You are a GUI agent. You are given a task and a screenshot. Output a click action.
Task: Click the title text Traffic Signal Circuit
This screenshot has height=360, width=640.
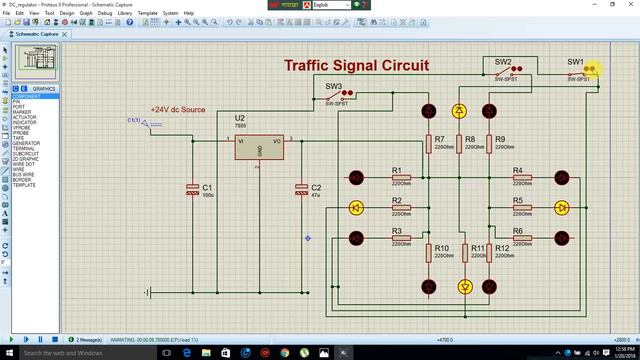point(356,66)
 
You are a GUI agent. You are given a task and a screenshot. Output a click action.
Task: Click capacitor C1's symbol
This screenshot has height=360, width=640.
point(193,189)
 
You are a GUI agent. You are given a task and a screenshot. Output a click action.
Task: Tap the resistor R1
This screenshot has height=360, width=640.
point(401,178)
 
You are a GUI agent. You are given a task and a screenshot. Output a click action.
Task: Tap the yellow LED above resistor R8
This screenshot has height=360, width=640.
point(459,110)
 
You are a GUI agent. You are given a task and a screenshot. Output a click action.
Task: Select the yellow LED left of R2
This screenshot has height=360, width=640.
point(356,208)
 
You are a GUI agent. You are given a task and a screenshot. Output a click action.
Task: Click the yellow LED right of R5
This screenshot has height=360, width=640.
point(561,208)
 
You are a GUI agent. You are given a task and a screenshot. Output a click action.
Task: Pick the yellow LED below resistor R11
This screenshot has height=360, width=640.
point(464,286)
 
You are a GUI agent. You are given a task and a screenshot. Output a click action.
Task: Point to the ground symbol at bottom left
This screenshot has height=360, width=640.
point(148,292)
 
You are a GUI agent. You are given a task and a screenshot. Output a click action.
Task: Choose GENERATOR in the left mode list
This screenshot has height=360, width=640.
point(26,143)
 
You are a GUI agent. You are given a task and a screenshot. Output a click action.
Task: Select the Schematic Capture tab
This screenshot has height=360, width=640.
point(36,33)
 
